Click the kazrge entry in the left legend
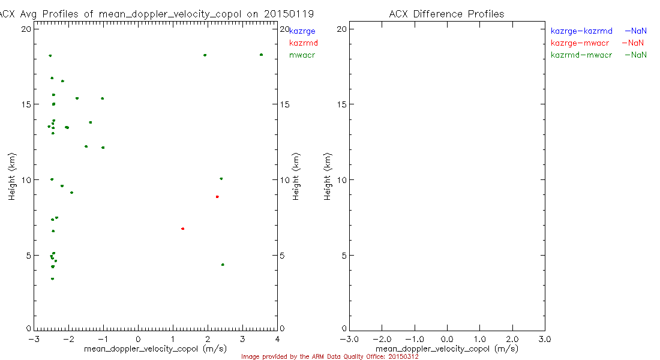(x=302, y=31)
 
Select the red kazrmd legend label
(x=303, y=43)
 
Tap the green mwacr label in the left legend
(x=302, y=55)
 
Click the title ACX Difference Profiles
(x=446, y=14)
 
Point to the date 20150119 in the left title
(x=292, y=14)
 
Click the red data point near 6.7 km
(x=182, y=229)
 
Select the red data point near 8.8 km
(x=217, y=197)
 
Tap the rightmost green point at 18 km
(x=261, y=55)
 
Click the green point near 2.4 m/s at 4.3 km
(x=223, y=265)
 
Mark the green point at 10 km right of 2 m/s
(x=221, y=178)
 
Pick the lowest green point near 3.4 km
(x=53, y=278)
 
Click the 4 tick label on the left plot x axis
(x=277, y=339)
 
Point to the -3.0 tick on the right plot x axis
(x=349, y=339)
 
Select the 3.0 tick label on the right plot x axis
(x=544, y=339)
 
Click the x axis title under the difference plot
(x=446, y=349)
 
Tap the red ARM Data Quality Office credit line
(x=329, y=356)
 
